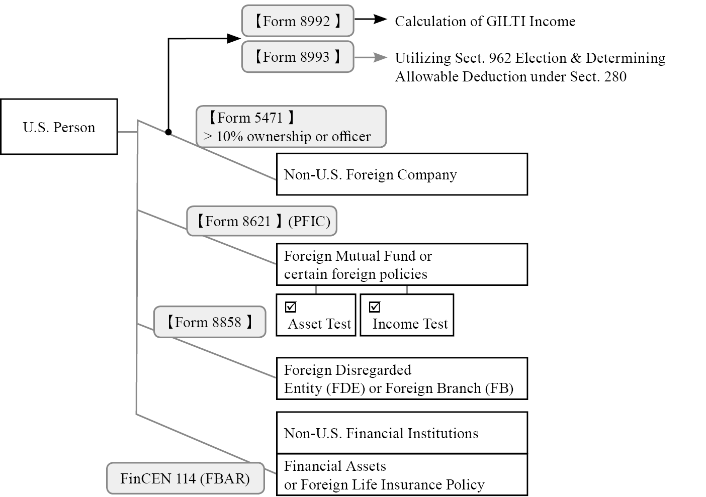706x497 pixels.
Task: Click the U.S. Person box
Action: point(59,127)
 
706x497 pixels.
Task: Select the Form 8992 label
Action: point(297,21)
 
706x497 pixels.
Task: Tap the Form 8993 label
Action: point(297,57)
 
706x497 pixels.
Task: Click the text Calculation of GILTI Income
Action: point(485,21)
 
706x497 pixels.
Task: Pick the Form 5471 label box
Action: point(291,127)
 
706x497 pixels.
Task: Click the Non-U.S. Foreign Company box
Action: point(401,174)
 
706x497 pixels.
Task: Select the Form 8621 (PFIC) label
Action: point(261,221)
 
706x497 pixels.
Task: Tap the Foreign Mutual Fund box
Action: point(401,265)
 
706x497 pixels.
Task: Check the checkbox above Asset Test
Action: point(291,307)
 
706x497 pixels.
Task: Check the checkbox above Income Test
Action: point(375,307)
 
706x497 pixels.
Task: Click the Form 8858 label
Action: point(209,322)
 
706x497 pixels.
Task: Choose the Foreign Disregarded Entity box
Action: point(401,379)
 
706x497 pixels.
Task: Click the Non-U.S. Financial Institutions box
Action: point(401,433)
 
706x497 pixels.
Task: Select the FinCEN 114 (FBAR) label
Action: point(185,478)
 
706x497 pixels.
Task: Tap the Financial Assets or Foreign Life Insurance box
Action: point(401,475)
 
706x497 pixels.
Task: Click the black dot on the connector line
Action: point(168,132)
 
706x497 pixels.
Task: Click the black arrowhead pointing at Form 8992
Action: point(234,38)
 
